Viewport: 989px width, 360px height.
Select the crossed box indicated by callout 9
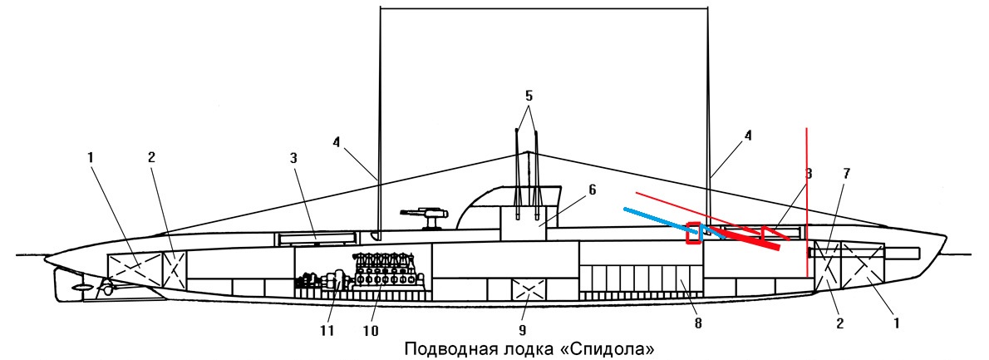[x=526, y=291]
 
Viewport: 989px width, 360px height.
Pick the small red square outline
[x=693, y=233]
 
